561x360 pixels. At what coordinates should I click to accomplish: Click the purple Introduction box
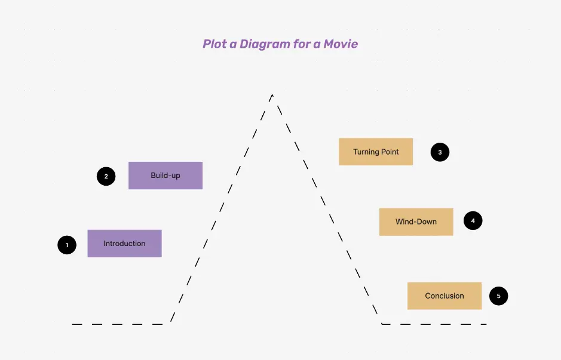124,244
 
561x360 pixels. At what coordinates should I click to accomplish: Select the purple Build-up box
165,176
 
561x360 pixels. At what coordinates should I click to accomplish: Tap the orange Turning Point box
376,152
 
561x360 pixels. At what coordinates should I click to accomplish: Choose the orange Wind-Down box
416,221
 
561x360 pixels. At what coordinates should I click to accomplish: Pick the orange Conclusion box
444,296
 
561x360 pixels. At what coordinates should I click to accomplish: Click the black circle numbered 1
67,245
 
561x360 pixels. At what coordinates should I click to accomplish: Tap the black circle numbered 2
106,176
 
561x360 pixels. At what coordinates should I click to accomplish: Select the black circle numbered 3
440,152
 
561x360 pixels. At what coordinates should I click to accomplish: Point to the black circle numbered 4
473,221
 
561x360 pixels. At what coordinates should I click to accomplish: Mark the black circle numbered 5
498,296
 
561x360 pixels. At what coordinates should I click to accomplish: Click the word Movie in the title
341,44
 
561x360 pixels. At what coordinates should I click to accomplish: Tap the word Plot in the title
215,44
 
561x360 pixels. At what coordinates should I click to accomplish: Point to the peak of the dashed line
272,95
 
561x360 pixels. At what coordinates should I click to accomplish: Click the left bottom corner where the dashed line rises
170,324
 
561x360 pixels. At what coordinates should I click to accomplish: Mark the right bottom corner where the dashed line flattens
382,324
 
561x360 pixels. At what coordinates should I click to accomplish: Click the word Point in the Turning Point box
388,152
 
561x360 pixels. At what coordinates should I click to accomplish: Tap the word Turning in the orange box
365,152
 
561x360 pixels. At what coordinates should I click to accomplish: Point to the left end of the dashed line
73,324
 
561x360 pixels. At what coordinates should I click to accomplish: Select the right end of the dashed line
486,324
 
